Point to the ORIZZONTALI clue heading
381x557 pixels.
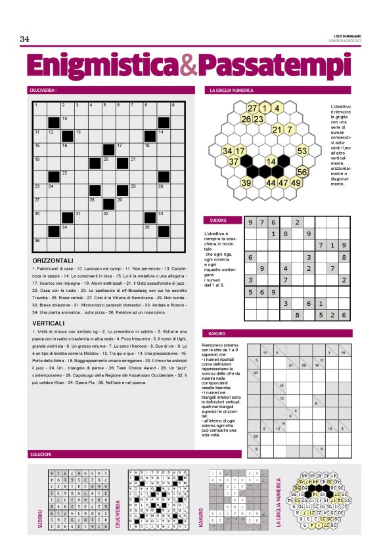(x=56, y=261)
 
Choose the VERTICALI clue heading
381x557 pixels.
(x=51, y=323)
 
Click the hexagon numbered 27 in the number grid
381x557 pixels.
(x=253, y=108)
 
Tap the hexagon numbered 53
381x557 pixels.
(x=302, y=151)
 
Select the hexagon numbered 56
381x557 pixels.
(x=302, y=172)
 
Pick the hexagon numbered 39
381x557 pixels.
(x=246, y=183)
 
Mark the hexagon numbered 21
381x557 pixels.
(x=277, y=130)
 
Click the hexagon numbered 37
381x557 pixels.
(x=234, y=161)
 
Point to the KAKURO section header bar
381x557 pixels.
(x=217, y=333)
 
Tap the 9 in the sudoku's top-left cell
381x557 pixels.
(x=250, y=222)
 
